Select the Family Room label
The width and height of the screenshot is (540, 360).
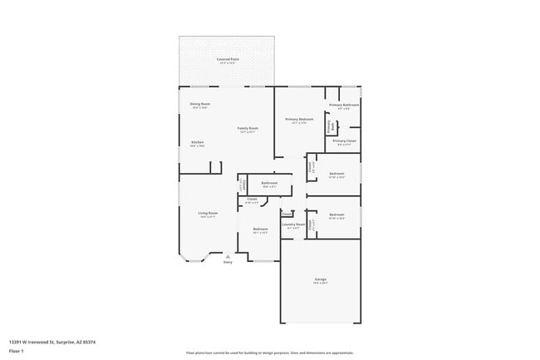click(248, 128)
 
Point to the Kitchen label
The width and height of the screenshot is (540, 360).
click(198, 142)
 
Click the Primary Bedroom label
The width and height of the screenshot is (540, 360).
click(299, 120)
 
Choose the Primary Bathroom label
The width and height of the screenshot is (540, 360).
click(344, 105)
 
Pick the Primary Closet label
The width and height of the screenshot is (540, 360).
click(345, 141)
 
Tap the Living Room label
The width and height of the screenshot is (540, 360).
click(208, 213)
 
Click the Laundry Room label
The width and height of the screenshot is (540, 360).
click(293, 224)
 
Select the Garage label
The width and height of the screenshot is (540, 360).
click(320, 279)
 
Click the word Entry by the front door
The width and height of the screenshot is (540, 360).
click(228, 263)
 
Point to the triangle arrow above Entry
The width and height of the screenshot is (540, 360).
click(228, 257)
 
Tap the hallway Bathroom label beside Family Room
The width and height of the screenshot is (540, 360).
click(269, 183)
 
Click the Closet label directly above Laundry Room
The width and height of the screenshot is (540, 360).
click(286, 214)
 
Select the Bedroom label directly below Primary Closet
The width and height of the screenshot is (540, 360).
click(336, 174)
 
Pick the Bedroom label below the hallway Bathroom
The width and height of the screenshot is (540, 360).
click(260, 229)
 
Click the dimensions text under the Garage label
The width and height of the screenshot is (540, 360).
click(320, 284)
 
